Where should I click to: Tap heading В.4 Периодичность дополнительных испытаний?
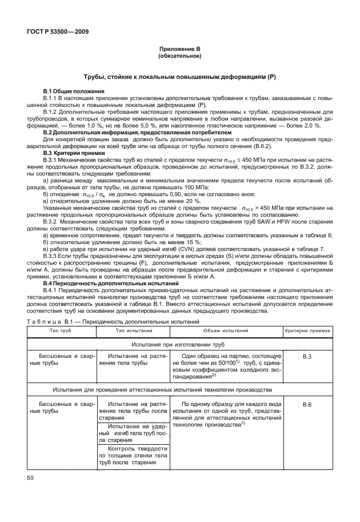tap(111, 284)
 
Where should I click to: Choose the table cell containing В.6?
tap(306, 405)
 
